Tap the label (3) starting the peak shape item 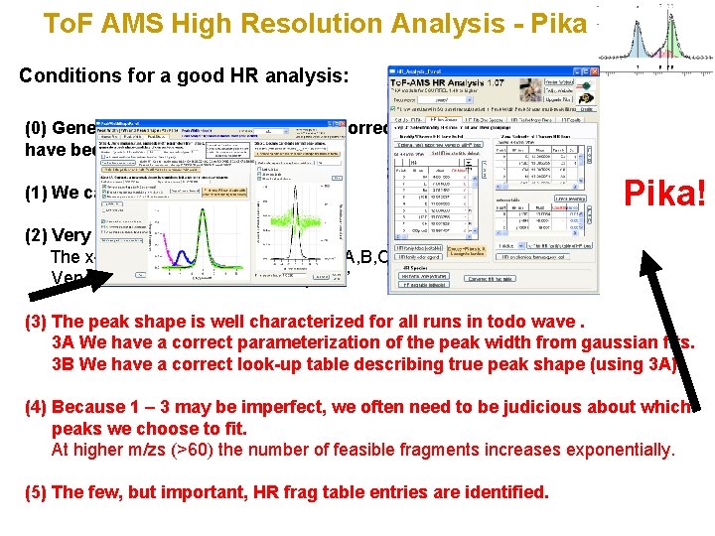(x=35, y=322)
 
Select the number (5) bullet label (x=35, y=492)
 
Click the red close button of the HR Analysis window (x=597, y=71)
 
